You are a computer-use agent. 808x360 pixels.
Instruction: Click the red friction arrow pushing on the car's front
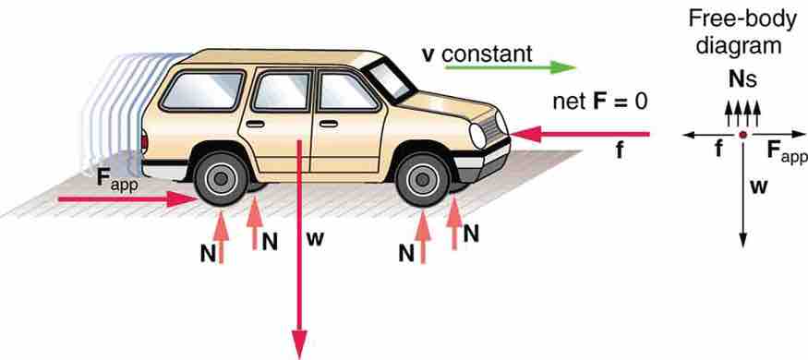pos(582,135)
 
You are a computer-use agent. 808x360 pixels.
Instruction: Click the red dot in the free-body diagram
pos(742,136)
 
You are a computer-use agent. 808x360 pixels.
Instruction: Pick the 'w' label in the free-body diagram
pos(757,186)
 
